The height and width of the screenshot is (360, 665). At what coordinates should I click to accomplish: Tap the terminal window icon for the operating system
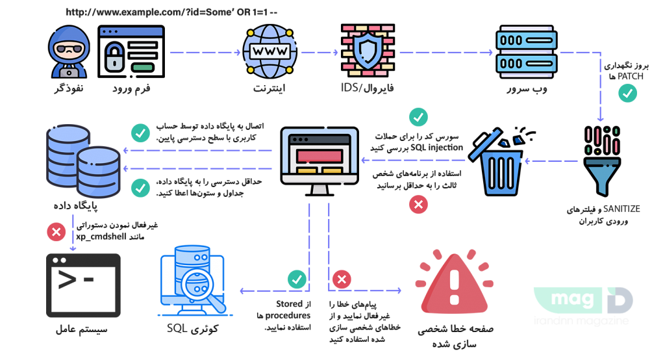(83, 285)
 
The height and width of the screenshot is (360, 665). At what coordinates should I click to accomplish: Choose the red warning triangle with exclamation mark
(454, 286)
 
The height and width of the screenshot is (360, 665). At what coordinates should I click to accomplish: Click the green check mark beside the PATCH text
(627, 94)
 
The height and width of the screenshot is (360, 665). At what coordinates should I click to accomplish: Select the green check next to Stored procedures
(297, 279)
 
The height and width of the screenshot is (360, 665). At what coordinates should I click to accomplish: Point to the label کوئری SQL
(193, 329)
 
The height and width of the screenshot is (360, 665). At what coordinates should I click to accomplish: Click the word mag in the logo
(563, 300)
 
